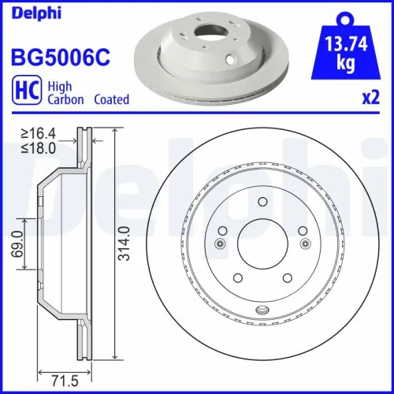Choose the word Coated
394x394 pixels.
pyautogui.click(x=111, y=100)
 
